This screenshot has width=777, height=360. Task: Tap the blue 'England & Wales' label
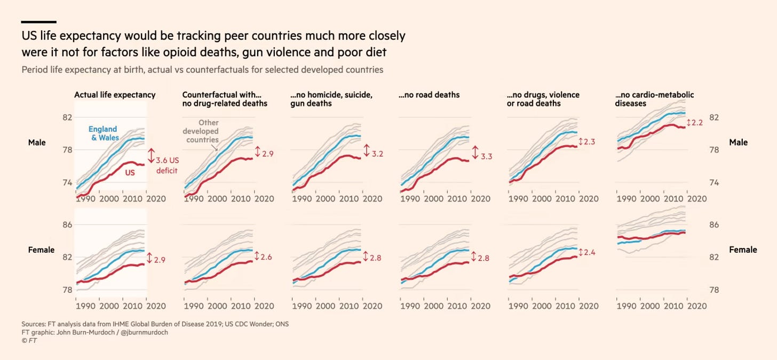coord(103,133)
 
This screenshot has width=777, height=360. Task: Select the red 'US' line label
coord(129,172)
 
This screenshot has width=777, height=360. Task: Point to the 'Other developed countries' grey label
coord(201,131)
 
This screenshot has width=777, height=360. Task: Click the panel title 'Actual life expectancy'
coord(115,95)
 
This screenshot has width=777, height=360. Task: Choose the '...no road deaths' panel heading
coord(429,95)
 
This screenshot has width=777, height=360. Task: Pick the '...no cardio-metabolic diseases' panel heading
coord(654,99)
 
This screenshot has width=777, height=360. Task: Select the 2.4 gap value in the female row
coord(590,252)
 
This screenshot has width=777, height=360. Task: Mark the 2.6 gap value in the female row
coord(266,257)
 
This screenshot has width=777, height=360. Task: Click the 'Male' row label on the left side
coord(37,142)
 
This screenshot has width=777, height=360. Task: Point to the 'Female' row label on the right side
coord(743,250)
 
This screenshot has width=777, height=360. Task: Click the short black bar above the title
coord(38,22)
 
